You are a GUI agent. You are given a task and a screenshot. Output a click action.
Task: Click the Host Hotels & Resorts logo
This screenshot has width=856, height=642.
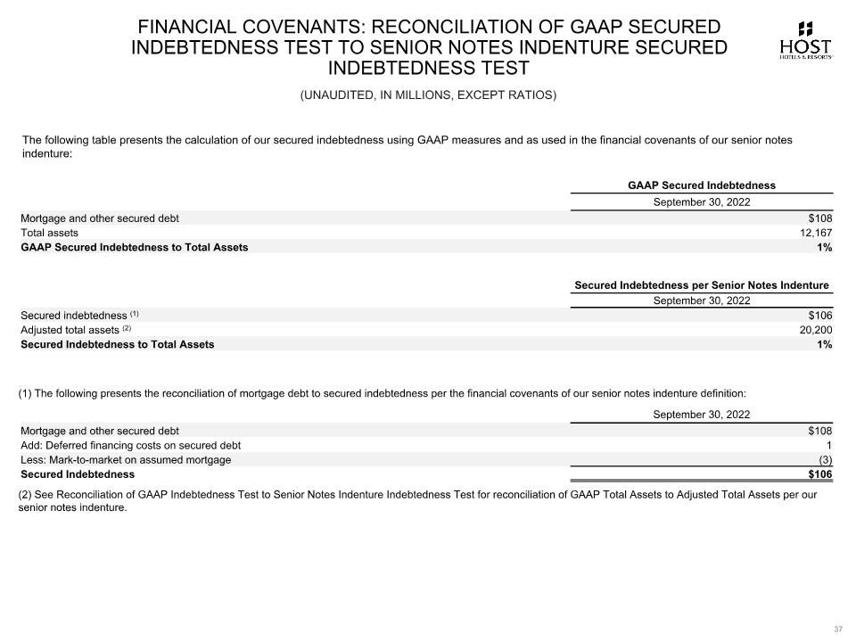[805, 40]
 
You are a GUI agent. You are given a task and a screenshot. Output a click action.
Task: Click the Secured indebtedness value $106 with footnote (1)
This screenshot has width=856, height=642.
[819, 315]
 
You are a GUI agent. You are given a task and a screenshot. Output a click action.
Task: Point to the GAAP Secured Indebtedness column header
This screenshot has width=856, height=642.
[701, 185]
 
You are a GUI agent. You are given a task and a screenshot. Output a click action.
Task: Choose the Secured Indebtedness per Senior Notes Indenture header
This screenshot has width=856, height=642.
[701, 285]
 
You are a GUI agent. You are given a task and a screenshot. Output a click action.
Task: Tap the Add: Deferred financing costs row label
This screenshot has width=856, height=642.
[130, 445]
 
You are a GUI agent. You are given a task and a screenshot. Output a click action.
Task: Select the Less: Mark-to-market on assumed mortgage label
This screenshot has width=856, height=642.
[126, 460]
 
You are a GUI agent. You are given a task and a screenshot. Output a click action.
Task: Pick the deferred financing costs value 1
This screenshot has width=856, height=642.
[828, 445]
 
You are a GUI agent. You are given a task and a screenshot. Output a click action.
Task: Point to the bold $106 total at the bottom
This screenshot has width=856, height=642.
[819, 474]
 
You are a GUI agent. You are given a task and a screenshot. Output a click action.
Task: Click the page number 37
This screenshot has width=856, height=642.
[837, 630]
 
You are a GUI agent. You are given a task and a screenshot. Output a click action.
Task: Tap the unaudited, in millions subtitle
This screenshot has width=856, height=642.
[428, 95]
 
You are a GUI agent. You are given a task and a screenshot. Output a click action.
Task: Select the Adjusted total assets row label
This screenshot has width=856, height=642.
[70, 330]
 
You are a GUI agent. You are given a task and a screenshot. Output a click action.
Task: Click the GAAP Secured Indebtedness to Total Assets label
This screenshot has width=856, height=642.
[135, 247]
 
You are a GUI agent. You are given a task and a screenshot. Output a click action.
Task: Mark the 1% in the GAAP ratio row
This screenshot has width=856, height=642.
[824, 247]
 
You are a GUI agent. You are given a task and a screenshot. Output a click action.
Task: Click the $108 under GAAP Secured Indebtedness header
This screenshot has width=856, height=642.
[819, 218]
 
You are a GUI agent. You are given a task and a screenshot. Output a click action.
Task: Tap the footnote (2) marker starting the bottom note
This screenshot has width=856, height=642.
[26, 494]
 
